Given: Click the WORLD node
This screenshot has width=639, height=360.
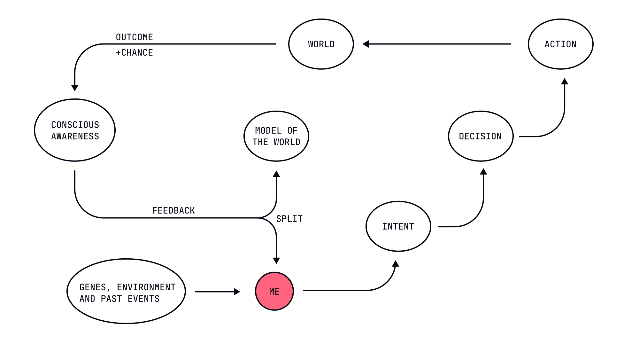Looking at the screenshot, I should [x=321, y=44].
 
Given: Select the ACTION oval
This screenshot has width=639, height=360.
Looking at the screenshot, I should [x=560, y=44].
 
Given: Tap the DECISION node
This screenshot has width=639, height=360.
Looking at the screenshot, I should [x=481, y=136].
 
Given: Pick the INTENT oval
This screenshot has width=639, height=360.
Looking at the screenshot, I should [x=398, y=226].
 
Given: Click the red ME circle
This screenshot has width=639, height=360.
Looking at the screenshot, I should [x=274, y=291].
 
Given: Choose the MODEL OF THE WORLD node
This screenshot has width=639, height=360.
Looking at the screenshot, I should [x=276, y=136].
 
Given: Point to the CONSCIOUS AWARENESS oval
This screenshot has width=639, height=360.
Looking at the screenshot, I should [x=75, y=130].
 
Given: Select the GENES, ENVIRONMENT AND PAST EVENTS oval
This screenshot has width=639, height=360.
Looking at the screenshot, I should [x=126, y=291].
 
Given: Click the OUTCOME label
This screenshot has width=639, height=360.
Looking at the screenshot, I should [x=134, y=37].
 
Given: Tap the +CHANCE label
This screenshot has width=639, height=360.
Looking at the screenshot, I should [x=134, y=52].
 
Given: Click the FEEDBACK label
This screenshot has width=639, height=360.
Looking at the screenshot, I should [x=173, y=210].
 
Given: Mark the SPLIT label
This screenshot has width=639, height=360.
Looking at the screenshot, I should [x=289, y=219].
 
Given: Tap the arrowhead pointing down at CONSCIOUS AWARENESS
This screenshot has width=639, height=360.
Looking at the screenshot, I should [x=75, y=88].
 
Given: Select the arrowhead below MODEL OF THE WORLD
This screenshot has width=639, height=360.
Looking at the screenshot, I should [x=276, y=174].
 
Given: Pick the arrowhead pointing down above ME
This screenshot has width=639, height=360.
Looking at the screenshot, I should [x=276, y=261].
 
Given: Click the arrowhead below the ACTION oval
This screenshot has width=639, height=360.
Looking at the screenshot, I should [x=565, y=82].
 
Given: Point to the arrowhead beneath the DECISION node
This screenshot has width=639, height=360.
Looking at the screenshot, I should [x=483, y=172].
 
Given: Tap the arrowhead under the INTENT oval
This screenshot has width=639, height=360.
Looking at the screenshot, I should [x=396, y=264].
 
